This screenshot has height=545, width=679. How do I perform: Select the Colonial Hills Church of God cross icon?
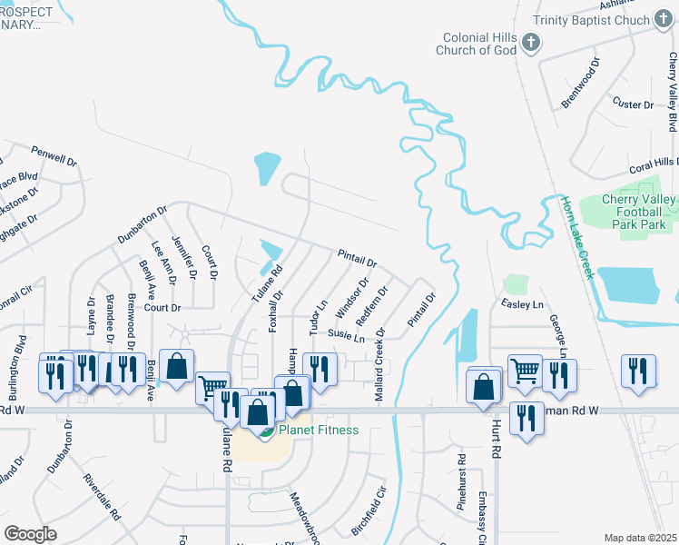[530, 43]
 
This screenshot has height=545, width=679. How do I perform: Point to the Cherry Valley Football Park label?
[640, 212]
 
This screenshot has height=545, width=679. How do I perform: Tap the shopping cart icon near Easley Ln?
[525, 371]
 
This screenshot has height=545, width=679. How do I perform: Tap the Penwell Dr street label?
[54, 155]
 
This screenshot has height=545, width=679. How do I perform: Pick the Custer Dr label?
[633, 104]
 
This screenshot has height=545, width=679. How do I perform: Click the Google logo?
[30, 533]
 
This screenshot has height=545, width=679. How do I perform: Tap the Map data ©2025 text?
[639, 538]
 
